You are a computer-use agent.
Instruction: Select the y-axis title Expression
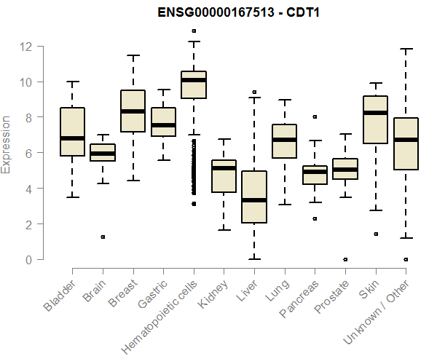tap(7, 144)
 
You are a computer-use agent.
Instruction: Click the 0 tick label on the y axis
tap(26, 259)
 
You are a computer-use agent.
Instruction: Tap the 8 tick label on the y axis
tap(26, 117)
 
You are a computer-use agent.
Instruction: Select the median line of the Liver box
tap(254, 199)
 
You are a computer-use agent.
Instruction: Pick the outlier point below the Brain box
tap(103, 237)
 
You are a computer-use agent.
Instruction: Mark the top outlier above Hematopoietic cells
tap(194, 31)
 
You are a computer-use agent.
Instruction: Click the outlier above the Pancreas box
tap(315, 116)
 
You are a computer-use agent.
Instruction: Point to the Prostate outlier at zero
tap(345, 259)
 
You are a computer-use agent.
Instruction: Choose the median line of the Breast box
tap(133, 111)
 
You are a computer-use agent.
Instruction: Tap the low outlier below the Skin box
tap(376, 234)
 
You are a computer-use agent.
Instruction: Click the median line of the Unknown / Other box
tap(406, 140)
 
